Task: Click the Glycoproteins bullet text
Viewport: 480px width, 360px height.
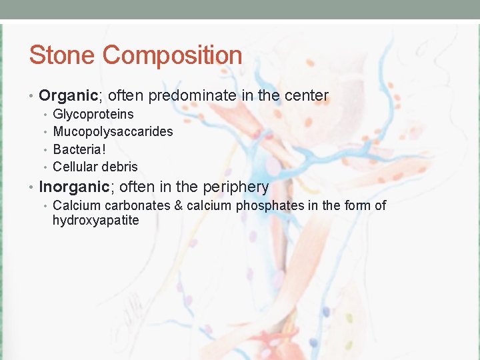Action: click(x=93, y=114)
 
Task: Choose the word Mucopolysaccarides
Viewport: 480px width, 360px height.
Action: click(x=113, y=131)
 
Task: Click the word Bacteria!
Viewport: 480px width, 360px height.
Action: click(x=79, y=149)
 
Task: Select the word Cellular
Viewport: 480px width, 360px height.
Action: click(x=75, y=167)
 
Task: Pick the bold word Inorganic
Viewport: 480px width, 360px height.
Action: click(x=73, y=187)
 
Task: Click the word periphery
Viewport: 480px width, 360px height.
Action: click(x=233, y=187)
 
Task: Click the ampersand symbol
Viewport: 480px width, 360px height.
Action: click(x=178, y=205)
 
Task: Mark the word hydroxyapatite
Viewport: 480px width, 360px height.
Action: click(x=95, y=221)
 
